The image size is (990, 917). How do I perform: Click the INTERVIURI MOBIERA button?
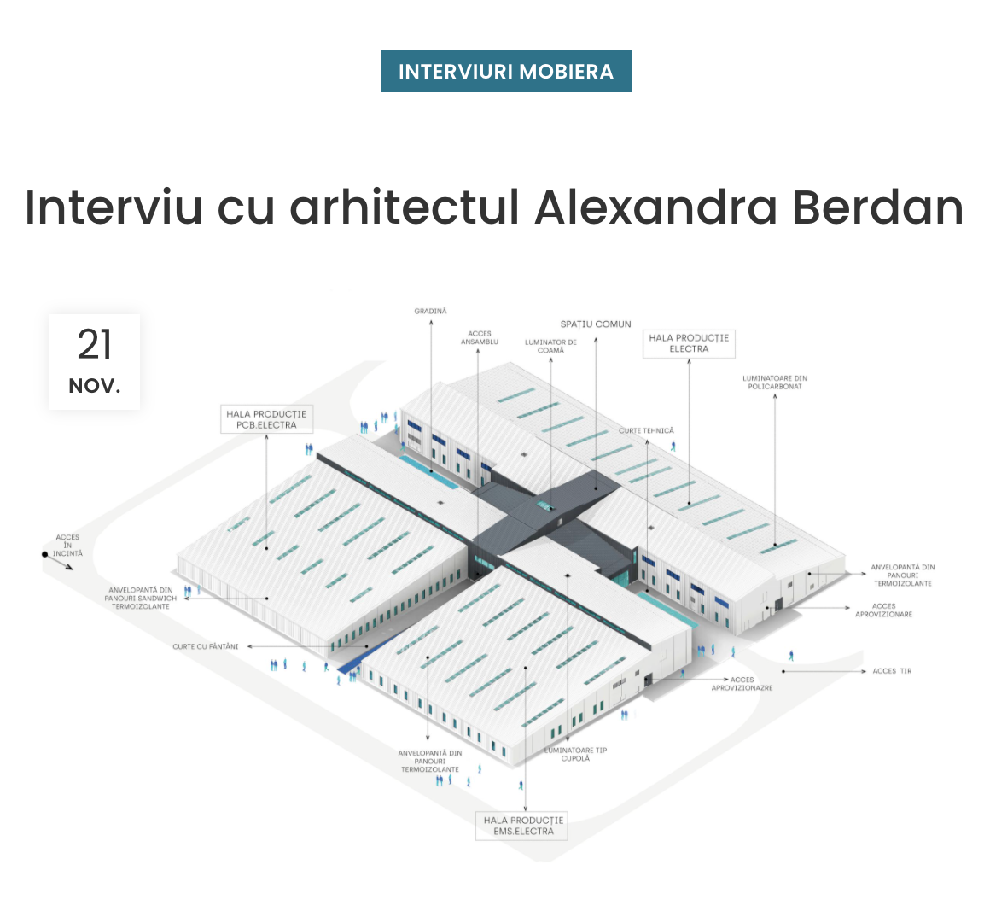505,71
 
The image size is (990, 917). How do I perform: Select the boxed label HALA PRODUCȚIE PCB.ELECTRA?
266,419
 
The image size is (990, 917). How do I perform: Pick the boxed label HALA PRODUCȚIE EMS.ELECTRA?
523,826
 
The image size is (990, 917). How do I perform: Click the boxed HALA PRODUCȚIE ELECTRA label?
689,343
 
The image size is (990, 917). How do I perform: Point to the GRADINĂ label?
430,312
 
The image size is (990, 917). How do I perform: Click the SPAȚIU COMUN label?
596,324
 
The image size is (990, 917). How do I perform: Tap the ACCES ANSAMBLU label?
480,338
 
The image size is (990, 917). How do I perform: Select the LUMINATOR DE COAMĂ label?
550,346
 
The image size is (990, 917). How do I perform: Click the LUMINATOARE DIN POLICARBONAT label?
775,383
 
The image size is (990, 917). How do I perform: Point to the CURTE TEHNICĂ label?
646,431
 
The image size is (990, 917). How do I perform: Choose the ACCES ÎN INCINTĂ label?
67,546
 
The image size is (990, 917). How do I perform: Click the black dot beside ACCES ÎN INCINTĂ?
45,554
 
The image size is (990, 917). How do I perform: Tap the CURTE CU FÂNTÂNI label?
205,647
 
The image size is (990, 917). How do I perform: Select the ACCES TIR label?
892,671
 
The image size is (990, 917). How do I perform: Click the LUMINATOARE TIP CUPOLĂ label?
576,755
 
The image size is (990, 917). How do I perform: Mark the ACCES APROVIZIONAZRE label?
742,684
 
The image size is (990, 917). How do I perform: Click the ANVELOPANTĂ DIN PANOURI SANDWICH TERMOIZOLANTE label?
141,598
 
